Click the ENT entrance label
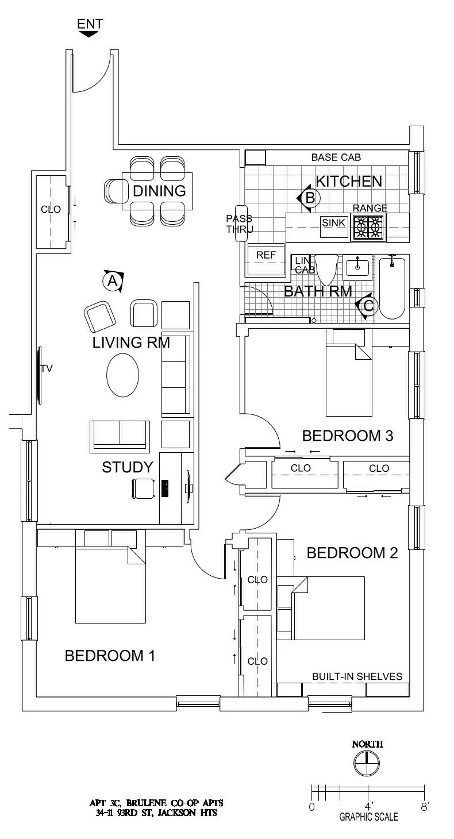tap(90, 24)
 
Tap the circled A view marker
tap(112, 281)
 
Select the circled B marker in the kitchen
tap(309, 198)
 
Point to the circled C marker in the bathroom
tap(368, 306)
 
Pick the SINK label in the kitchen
tap(333, 222)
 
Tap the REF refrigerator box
tap(266, 255)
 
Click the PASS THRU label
tap(240, 224)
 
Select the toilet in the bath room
tap(328, 270)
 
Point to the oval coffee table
tap(122, 375)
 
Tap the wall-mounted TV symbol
tap(40, 374)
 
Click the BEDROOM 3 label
tap(347, 436)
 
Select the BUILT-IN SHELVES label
tap(357, 676)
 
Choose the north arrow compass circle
tap(367, 765)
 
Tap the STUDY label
tap(127, 467)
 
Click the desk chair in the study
tap(143, 488)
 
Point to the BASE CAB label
tap(336, 157)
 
